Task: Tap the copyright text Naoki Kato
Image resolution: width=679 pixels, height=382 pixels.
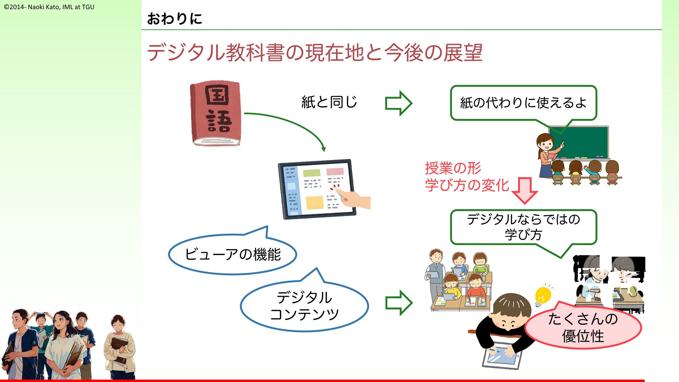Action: (x=49, y=7)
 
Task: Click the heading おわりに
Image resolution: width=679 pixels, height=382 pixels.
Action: (x=174, y=19)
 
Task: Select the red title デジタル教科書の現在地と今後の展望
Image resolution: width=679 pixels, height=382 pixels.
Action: (x=314, y=53)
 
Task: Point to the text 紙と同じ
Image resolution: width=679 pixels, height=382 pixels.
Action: (x=329, y=102)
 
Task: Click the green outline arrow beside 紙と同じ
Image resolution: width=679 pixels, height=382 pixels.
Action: (x=399, y=103)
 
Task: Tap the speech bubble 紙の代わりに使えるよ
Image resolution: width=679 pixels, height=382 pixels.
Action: (x=523, y=103)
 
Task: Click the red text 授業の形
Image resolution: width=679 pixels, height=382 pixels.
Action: (x=453, y=168)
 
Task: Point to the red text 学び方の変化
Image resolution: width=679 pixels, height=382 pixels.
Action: (x=467, y=185)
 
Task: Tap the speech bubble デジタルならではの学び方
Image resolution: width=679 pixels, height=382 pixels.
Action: (x=523, y=227)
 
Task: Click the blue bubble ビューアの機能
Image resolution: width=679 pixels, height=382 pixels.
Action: (x=233, y=254)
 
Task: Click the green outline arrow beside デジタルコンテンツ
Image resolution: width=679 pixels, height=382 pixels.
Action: (x=399, y=303)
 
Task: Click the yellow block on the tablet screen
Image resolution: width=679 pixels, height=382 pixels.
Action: (x=314, y=203)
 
